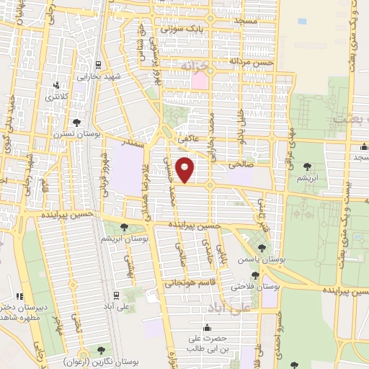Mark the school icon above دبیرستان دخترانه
[19, 295]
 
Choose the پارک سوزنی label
[201, 27]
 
